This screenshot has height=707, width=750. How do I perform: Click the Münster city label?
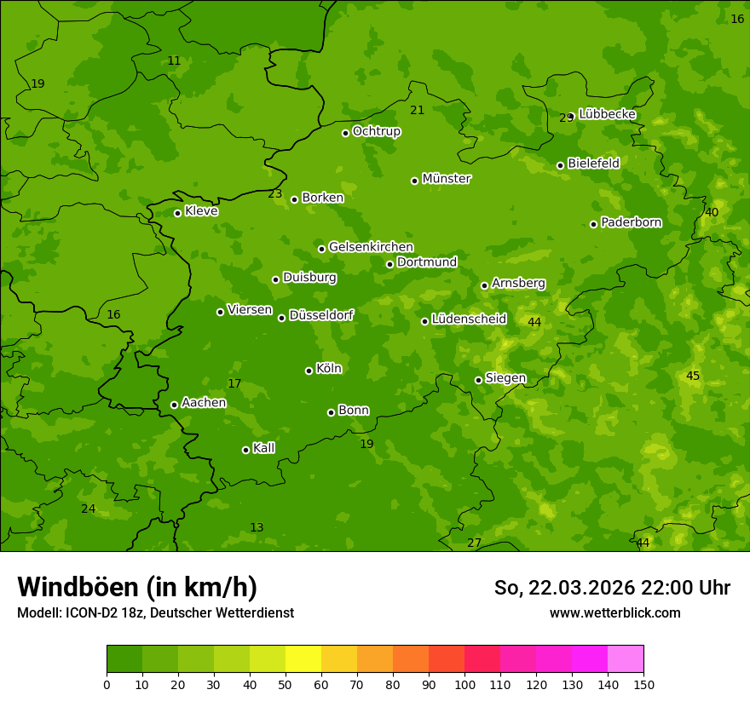(x=446, y=179)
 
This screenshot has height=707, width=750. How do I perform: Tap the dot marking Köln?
(x=309, y=371)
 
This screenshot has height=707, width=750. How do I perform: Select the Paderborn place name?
(x=631, y=222)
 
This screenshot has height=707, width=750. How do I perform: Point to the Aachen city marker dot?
(x=174, y=405)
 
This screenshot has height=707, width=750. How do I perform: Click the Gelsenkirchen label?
(x=371, y=247)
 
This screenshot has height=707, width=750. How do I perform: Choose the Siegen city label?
(x=505, y=378)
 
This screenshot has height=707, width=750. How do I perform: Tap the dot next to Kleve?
(x=177, y=213)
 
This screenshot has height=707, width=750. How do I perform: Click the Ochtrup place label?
(x=376, y=131)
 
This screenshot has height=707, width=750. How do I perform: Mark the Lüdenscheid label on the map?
(x=469, y=319)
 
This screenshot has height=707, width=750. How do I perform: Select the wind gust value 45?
(x=693, y=376)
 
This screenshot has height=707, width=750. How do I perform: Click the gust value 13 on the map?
(x=257, y=527)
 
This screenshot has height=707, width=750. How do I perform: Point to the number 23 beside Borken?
(x=275, y=194)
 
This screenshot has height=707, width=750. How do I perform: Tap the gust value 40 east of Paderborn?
(x=712, y=212)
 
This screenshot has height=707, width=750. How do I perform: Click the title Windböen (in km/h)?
(x=137, y=587)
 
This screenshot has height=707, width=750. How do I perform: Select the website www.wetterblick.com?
(x=614, y=612)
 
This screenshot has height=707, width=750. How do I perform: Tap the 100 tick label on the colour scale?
(x=464, y=684)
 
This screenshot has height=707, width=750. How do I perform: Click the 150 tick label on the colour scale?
(x=643, y=684)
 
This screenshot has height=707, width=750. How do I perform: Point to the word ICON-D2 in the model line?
(x=88, y=612)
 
